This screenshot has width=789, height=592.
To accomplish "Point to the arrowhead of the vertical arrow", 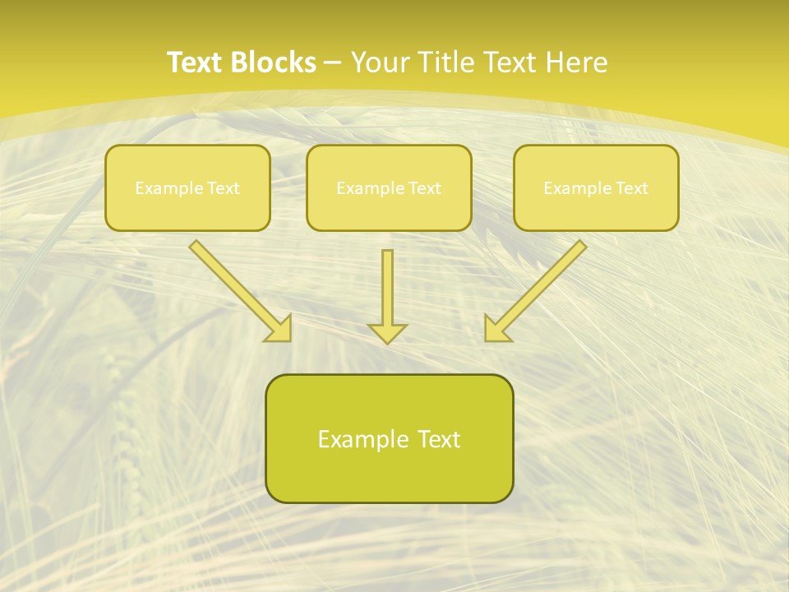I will click(x=387, y=333).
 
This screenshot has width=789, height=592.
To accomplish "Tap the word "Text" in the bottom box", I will click(x=438, y=440).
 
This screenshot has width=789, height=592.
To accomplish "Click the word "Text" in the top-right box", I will click(x=631, y=188).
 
